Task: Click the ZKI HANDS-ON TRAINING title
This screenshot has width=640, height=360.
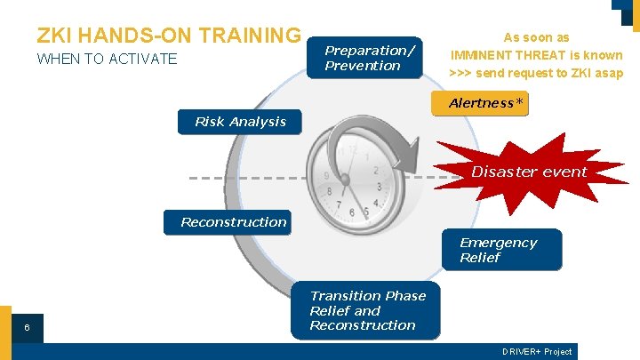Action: pos(169,35)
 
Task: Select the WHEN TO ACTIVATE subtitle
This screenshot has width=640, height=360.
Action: pos(107,60)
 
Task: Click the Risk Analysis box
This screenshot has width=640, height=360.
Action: pos(240,122)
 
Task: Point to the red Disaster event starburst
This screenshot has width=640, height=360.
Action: pos(529,172)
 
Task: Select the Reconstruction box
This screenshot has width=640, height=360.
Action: pos(234,222)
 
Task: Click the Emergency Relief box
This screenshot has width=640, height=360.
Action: pos(501,250)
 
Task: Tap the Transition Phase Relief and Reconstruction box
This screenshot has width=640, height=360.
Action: pos(366,310)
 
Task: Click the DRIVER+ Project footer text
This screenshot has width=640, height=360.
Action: pos(536,352)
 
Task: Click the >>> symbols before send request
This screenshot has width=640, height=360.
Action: pos(460,73)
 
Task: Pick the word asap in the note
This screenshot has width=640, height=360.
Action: pos(608,73)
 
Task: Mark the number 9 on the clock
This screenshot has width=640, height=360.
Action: pos(327,176)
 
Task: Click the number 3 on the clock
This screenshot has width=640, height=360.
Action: pos(380,188)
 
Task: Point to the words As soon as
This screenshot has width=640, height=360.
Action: pos(536,38)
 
